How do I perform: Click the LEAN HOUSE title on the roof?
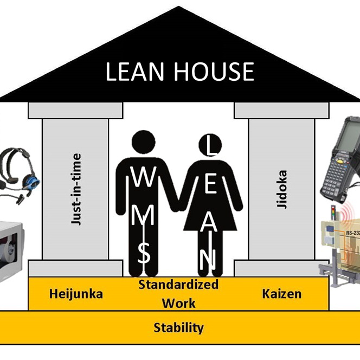(x=179, y=72)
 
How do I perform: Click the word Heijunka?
(x=76, y=294)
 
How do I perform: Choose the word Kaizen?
(x=281, y=294)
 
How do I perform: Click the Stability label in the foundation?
(x=178, y=327)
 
